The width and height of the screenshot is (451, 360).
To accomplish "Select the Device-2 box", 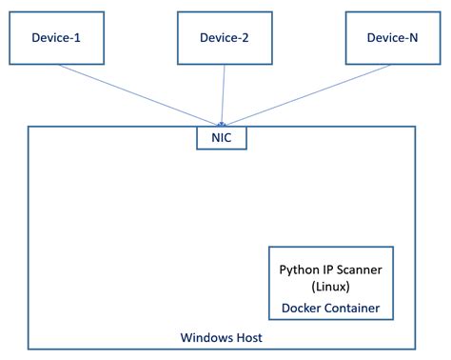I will point(225,37).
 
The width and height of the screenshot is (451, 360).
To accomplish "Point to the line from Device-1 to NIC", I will point(143,94).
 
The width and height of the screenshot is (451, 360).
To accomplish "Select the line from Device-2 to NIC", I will point(224,95).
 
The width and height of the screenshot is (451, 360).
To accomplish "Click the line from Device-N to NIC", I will point(304,94).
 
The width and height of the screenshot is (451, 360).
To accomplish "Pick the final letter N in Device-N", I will point(415,37).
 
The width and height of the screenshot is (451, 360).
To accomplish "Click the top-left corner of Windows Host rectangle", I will point(29,127).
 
